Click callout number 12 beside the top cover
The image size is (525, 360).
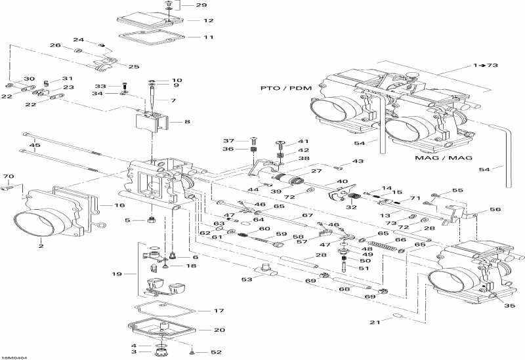[208, 20]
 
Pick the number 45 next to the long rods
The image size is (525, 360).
[35, 145]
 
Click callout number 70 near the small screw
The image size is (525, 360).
[9, 176]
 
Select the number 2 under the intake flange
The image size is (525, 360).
[41, 246]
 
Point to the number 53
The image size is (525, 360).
[246, 279]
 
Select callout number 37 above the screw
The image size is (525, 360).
[228, 141]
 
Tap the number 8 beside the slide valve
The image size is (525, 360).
[188, 122]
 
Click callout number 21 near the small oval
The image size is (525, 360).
[375, 322]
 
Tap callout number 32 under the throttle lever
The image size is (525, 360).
[352, 207]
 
